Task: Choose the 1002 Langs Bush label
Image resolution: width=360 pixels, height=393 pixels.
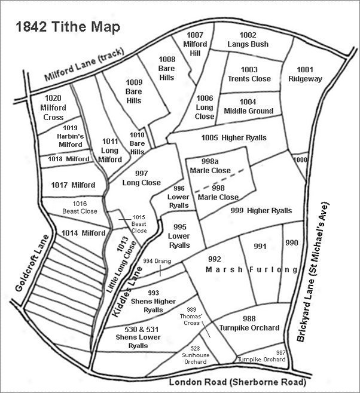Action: [248, 39]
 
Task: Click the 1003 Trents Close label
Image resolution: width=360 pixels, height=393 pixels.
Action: [249, 74]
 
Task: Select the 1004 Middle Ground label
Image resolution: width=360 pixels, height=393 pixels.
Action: [248, 106]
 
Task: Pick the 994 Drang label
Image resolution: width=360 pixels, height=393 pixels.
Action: [157, 261]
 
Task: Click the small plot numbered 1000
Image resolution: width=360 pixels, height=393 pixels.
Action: [301, 160]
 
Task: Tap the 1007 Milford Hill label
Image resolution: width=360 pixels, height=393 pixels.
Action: [194, 44]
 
